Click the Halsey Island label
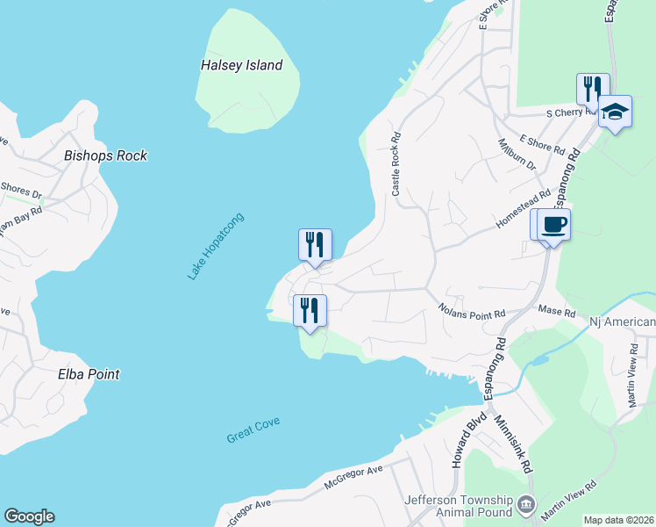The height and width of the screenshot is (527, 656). [x=241, y=65]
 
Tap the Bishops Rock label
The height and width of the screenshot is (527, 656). [x=105, y=155]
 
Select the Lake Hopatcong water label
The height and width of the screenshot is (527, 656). [x=215, y=247]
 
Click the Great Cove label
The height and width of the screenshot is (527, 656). [x=253, y=430]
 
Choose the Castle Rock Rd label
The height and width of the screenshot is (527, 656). [x=396, y=163]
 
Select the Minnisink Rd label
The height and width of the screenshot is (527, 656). [x=514, y=446]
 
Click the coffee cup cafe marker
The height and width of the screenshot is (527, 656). [x=554, y=225]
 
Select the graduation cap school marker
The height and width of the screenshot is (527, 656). [x=616, y=112]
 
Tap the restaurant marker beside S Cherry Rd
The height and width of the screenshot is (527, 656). [x=593, y=89]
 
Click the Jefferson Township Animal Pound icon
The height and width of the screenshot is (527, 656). [x=525, y=503]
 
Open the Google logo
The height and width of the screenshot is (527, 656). [x=29, y=516]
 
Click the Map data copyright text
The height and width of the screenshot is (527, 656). [x=619, y=520]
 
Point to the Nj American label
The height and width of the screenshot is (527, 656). [x=623, y=321]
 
